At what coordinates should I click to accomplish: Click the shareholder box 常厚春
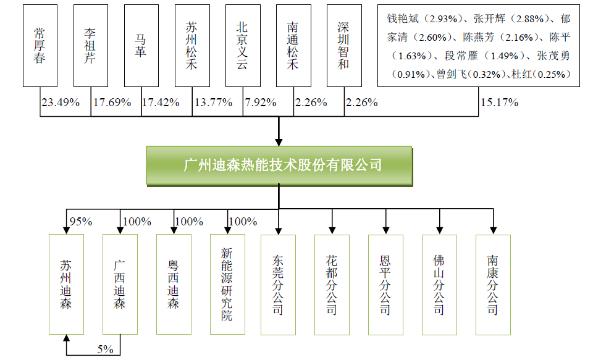40,46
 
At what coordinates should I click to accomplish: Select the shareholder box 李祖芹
91,46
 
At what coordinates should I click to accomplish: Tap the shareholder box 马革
141,46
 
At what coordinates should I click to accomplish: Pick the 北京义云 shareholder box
243,46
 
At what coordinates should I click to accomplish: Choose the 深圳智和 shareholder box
344,46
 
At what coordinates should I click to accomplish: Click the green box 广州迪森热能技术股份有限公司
279,165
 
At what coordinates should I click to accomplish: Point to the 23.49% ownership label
61,103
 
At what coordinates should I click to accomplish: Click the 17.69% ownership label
112,103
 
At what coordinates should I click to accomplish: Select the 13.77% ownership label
213,103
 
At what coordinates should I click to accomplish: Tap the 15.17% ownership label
499,103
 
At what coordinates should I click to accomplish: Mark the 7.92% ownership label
261,103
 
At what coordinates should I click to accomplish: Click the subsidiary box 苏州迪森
66,285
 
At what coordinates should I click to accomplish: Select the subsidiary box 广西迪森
120,285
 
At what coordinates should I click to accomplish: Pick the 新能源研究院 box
228,285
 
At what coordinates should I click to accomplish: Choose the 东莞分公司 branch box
279,285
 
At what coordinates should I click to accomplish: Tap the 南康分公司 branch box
493,285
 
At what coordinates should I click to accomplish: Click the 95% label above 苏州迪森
81,222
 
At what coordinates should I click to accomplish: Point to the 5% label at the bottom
105,349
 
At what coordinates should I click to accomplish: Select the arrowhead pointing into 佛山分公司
439,230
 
